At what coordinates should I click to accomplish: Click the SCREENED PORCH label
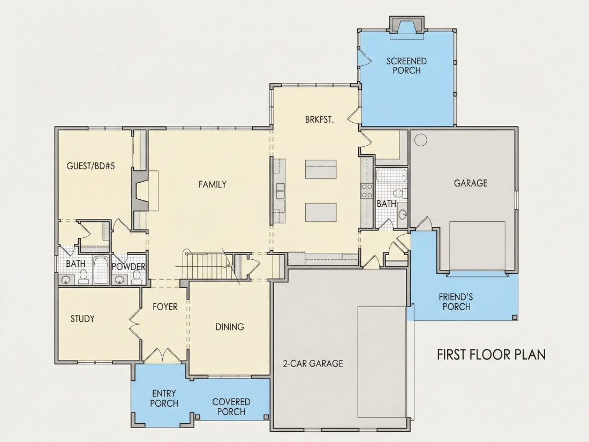406,66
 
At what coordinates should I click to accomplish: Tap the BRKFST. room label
320,120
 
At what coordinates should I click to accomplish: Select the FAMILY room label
213,184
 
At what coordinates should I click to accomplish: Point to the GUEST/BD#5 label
90,166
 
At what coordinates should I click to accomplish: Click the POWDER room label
129,266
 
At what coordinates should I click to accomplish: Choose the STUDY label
82,319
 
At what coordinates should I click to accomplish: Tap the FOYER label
165,306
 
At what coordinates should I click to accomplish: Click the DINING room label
230,327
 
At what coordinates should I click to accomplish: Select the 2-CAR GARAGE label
313,363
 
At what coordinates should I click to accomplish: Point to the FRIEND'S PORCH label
456,302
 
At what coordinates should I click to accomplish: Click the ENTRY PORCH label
164,399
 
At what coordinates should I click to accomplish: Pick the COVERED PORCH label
231,407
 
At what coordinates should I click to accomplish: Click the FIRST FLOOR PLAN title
492,355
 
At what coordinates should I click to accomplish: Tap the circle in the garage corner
421,140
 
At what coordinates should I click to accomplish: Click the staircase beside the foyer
205,265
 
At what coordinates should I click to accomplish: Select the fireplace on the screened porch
407,25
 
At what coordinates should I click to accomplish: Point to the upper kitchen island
320,169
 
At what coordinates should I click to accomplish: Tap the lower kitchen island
320,212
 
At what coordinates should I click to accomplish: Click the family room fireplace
141,191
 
